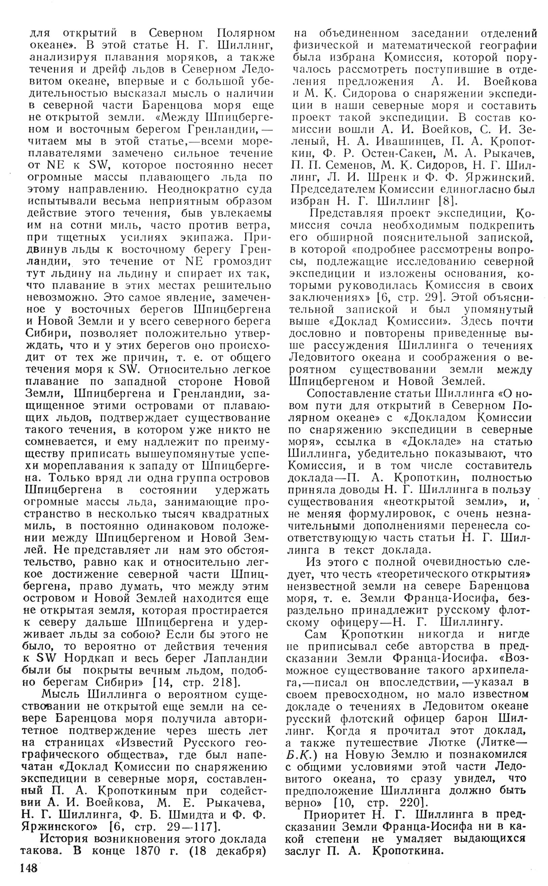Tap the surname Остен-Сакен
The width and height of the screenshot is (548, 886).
click(375, 153)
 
